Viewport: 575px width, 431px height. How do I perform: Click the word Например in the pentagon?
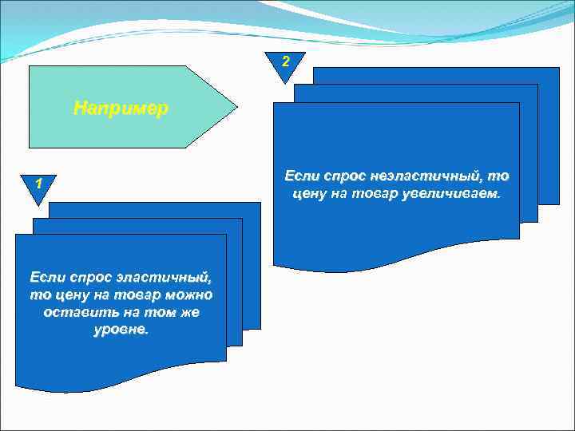pyautogui.click(x=121, y=108)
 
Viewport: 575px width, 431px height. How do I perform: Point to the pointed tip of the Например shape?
pyautogui.click(x=236, y=106)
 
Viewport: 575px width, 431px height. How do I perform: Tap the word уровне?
pyautogui.click(x=121, y=330)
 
